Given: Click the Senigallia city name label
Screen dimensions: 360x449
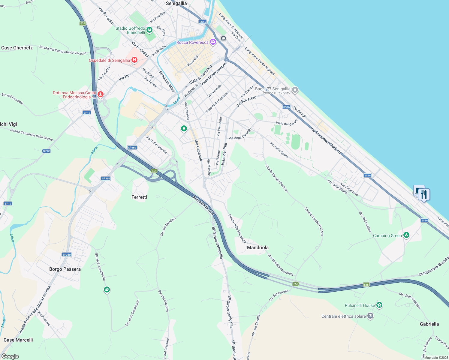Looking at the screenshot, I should pos(176,4).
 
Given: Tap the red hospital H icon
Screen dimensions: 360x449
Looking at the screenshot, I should pos(134,60).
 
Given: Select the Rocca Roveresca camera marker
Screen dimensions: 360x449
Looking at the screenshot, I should pos(213,42).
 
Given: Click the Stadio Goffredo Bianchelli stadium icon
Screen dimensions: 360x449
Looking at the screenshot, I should pos(149,30).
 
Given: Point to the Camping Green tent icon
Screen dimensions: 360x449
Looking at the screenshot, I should pos(406,235).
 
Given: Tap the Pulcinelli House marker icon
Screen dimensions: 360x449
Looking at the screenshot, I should pos(380,305).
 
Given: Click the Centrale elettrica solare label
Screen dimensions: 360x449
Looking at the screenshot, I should pos(343,316).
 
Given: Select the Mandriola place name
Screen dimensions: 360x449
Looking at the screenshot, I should pos(258,247).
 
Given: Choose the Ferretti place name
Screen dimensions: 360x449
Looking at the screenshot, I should pos(139,197).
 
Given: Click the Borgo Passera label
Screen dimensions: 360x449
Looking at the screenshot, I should pos(65,269).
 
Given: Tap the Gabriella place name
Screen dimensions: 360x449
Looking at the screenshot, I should pos(429,324).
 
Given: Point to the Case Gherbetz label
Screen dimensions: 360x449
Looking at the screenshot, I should pos(17,48).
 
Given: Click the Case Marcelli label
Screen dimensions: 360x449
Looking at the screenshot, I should pos(18,340).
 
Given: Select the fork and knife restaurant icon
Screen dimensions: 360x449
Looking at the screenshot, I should pos(423,195).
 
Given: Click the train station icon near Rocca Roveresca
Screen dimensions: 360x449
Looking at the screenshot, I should pos(223,38).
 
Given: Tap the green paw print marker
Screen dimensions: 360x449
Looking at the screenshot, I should pos(107,289).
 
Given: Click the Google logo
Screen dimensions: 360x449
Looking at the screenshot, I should pos(10,356).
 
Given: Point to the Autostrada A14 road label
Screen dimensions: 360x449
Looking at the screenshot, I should pos(203,206).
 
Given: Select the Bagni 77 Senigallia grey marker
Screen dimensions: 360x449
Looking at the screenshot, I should pos(295,90).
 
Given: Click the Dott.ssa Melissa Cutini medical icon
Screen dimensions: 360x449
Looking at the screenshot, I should pos(101,94).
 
